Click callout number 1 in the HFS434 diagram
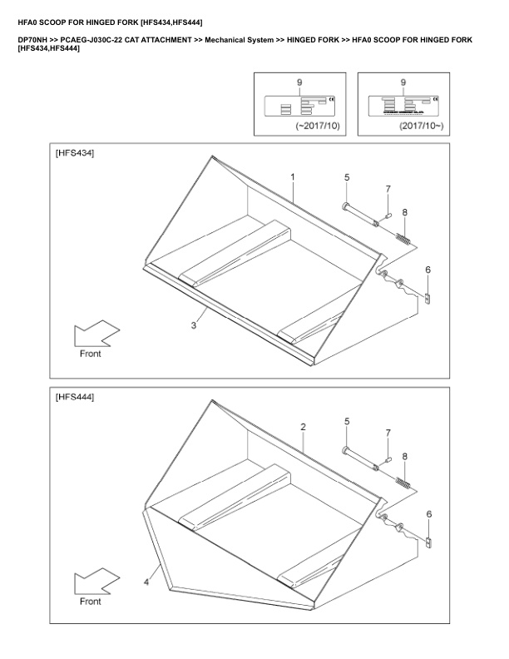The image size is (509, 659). pyautogui.click(x=293, y=177)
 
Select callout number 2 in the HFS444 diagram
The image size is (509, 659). pyautogui.click(x=304, y=426)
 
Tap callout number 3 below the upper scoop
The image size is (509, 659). pyautogui.click(x=194, y=325)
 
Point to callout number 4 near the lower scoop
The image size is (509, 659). pyautogui.click(x=146, y=582)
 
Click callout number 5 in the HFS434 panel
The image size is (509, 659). pyautogui.click(x=347, y=177)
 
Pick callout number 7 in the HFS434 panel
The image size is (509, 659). pyautogui.click(x=388, y=190)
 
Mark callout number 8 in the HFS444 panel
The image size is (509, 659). pyautogui.click(x=405, y=457)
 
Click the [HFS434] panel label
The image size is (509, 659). pyautogui.click(x=74, y=154)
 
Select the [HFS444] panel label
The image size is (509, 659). pyautogui.click(x=74, y=398)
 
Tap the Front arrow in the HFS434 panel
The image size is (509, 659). pyautogui.click(x=94, y=334)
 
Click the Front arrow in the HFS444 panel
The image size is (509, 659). pyautogui.click(x=94, y=581)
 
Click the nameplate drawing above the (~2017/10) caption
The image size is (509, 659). pyautogui.click(x=299, y=105)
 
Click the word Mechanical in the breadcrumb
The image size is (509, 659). pyautogui.click(x=228, y=40)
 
